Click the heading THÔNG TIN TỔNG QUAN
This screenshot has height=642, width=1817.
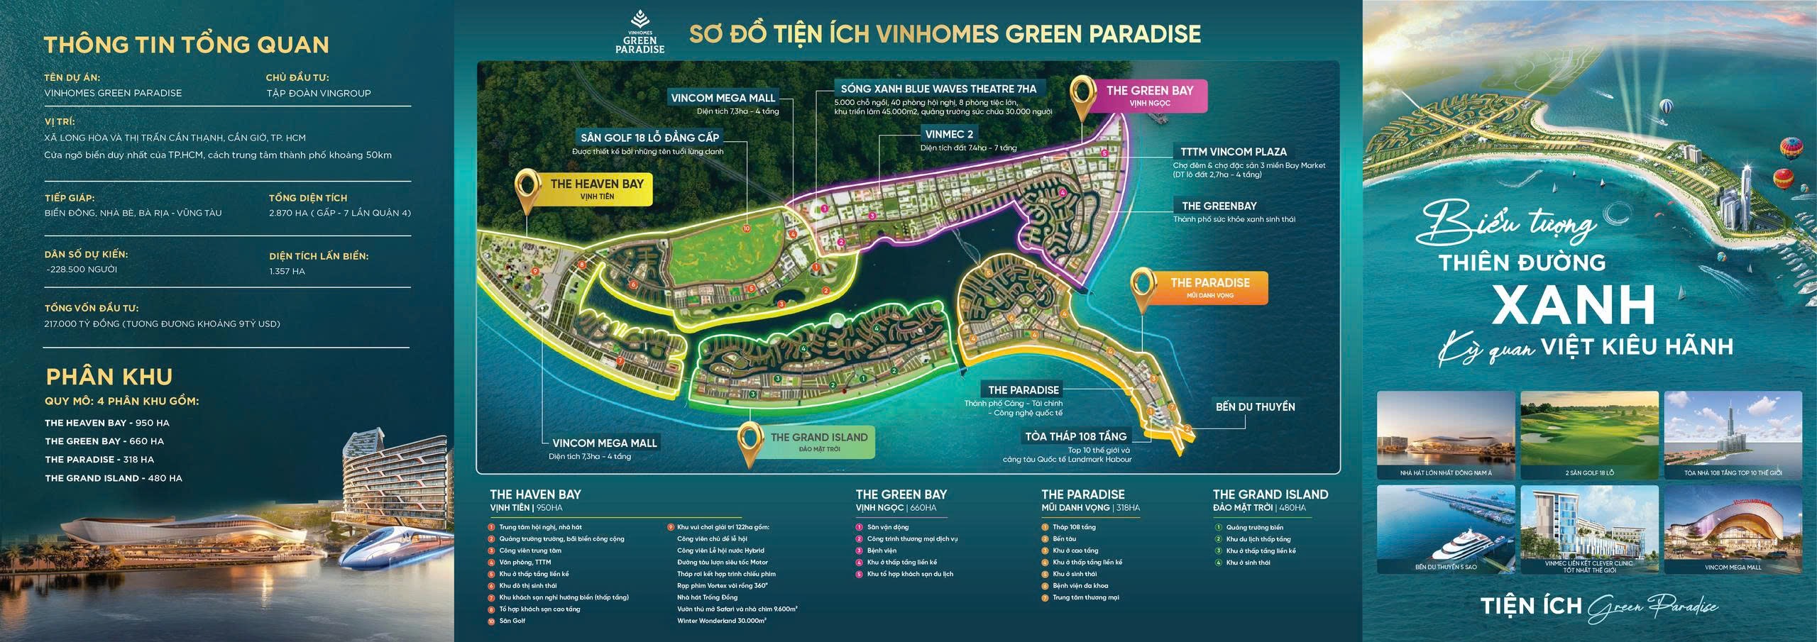[187, 45]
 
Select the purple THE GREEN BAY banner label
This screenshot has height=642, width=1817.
[1149, 96]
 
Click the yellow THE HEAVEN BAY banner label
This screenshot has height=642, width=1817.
[596, 189]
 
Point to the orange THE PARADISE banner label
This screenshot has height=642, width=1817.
[1209, 287]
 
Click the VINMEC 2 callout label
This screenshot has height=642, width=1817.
[949, 134]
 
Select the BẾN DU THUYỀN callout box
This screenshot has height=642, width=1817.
[1255, 407]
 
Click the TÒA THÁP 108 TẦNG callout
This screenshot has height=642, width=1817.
[1075, 436]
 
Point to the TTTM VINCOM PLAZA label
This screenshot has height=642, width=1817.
[1233, 152]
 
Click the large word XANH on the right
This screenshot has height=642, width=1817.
[1574, 305]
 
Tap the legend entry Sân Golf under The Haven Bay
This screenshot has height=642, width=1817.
[512, 621]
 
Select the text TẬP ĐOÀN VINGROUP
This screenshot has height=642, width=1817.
[318, 93]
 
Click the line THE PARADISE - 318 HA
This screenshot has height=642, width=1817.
[99, 460]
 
